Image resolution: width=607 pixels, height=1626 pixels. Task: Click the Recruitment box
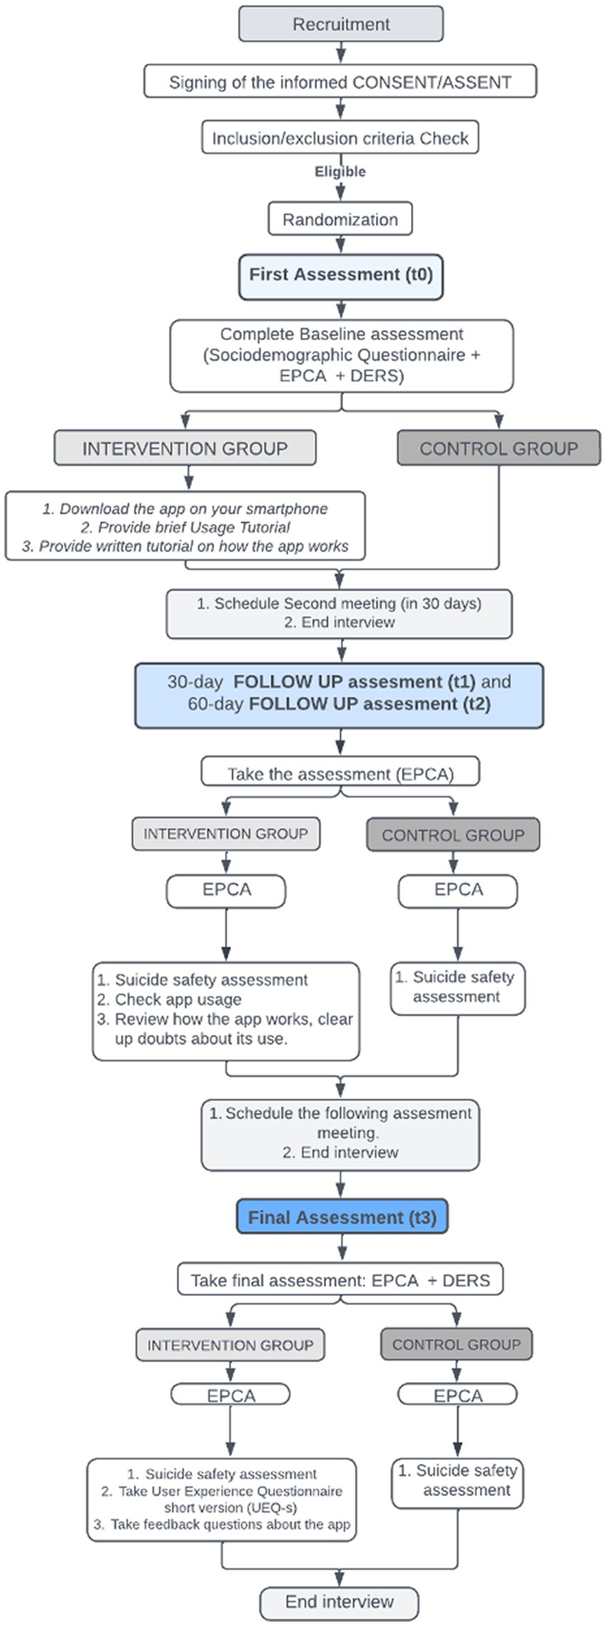tap(341, 24)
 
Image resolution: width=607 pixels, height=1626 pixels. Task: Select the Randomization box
tap(340, 219)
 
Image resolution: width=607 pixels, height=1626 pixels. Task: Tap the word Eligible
tap(340, 172)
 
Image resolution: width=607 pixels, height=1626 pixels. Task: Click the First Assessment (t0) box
tap(341, 276)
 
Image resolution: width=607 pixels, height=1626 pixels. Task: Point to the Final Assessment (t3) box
tap(342, 1217)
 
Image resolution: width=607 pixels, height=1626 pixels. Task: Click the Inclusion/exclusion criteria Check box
tap(340, 138)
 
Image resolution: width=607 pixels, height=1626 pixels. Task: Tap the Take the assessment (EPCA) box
tap(340, 774)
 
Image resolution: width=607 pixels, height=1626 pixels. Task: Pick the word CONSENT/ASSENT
tap(432, 82)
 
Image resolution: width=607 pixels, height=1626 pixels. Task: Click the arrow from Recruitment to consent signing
tap(341, 53)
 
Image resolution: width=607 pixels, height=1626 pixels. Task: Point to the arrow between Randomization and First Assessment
tap(341, 245)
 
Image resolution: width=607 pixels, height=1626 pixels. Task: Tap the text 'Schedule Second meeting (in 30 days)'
tap(348, 603)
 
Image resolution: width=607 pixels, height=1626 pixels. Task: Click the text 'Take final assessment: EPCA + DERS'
tap(340, 1280)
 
